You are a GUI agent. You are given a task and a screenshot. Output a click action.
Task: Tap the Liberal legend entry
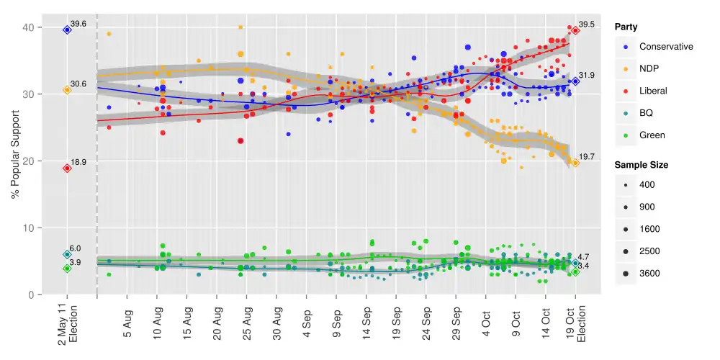[653, 91]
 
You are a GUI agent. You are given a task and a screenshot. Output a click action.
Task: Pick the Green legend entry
[652, 135]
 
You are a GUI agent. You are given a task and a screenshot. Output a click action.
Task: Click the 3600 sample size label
[649, 273]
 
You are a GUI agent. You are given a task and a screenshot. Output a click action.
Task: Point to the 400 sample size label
[647, 185]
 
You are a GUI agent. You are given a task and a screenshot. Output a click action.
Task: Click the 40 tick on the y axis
[27, 27]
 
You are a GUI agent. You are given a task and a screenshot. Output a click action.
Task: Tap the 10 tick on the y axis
[27, 228]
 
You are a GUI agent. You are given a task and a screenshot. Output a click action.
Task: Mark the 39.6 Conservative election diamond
[67, 30]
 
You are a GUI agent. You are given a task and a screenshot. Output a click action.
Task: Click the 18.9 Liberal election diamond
[67, 168]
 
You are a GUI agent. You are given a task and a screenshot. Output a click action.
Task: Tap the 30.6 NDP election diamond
[67, 90]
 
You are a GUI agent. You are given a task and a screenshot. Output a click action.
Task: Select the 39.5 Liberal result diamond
[576, 30]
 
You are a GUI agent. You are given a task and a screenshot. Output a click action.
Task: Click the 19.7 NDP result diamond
[575, 163]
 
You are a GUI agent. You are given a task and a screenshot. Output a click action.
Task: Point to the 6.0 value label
[75, 248]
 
